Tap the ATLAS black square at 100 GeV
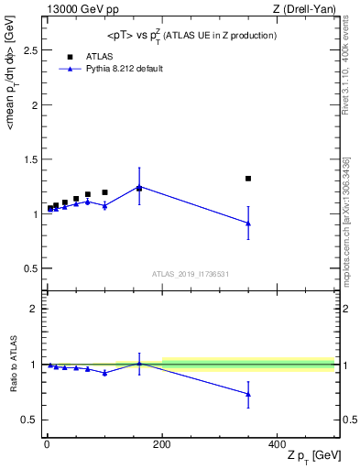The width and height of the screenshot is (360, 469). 104,192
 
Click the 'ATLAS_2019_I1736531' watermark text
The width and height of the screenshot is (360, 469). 191,274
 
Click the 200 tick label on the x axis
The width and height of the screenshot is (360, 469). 162,442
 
